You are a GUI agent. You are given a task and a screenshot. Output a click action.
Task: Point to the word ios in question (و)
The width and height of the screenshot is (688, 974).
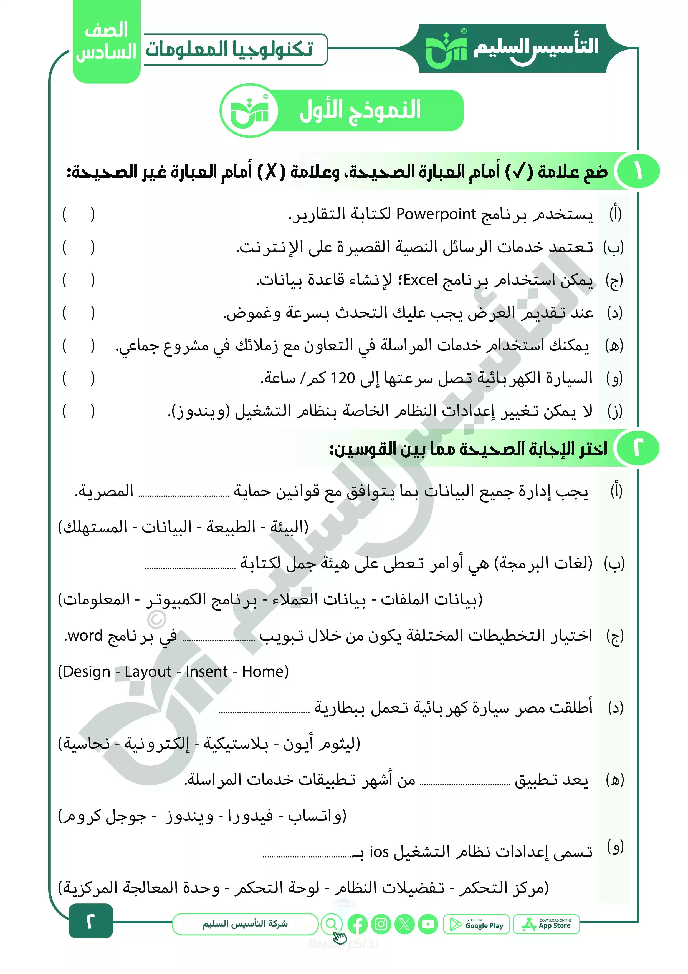(379, 851)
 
